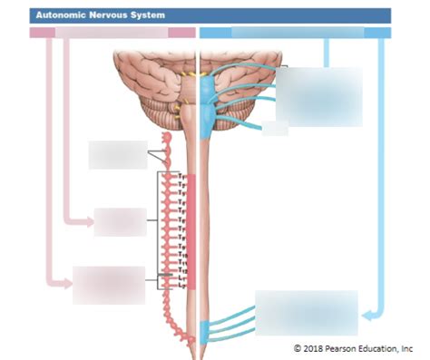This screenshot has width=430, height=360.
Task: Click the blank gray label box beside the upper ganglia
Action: click(117, 154)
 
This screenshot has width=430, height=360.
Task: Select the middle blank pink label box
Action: click(120, 221)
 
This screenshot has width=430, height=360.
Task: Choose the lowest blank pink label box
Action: click(109, 285)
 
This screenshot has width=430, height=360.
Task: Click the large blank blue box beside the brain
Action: click(318, 97)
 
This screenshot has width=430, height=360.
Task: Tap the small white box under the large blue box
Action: click(275, 129)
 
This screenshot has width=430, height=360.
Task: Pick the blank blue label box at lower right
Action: click(307, 313)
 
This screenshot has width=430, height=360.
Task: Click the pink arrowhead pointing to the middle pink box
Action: click(88, 220)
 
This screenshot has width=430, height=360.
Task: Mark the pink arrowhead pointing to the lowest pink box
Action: click(66, 283)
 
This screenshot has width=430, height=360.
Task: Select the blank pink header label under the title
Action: click(112, 33)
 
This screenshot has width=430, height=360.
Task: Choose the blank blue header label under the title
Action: click(298, 33)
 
